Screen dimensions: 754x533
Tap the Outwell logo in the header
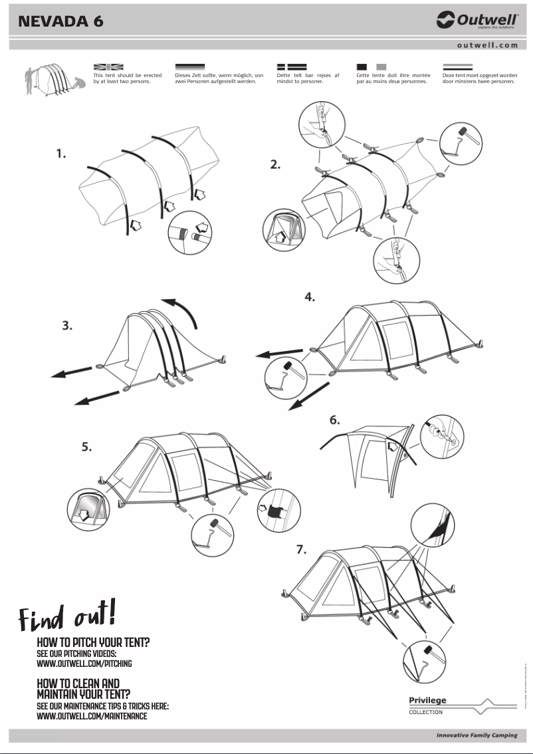[477, 21]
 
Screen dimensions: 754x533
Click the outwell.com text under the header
[487, 45]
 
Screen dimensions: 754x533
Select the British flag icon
[108, 67]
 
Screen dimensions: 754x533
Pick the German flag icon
[190, 67]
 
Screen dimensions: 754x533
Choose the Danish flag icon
[291, 67]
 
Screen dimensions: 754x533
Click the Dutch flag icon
[458, 67]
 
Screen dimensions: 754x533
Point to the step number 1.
[61, 154]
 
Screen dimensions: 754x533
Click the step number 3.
[67, 326]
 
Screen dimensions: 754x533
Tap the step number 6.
[335, 420]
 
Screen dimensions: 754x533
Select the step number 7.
[301, 549]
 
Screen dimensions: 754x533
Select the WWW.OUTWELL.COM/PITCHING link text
[84, 664]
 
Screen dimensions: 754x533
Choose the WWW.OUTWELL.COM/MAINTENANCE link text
[92, 716]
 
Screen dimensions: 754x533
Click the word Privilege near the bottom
[427, 700]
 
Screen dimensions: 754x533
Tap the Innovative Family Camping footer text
[476, 736]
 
